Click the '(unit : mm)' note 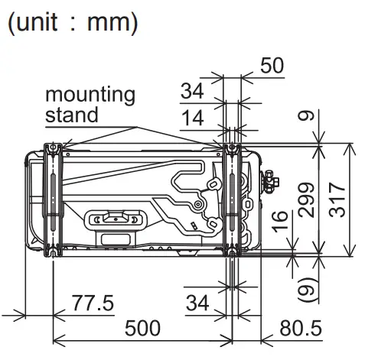[x=73, y=22]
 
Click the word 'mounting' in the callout [x=90, y=96]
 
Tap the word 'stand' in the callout [x=72, y=115]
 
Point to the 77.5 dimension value [x=93, y=303]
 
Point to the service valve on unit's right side [x=268, y=182]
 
